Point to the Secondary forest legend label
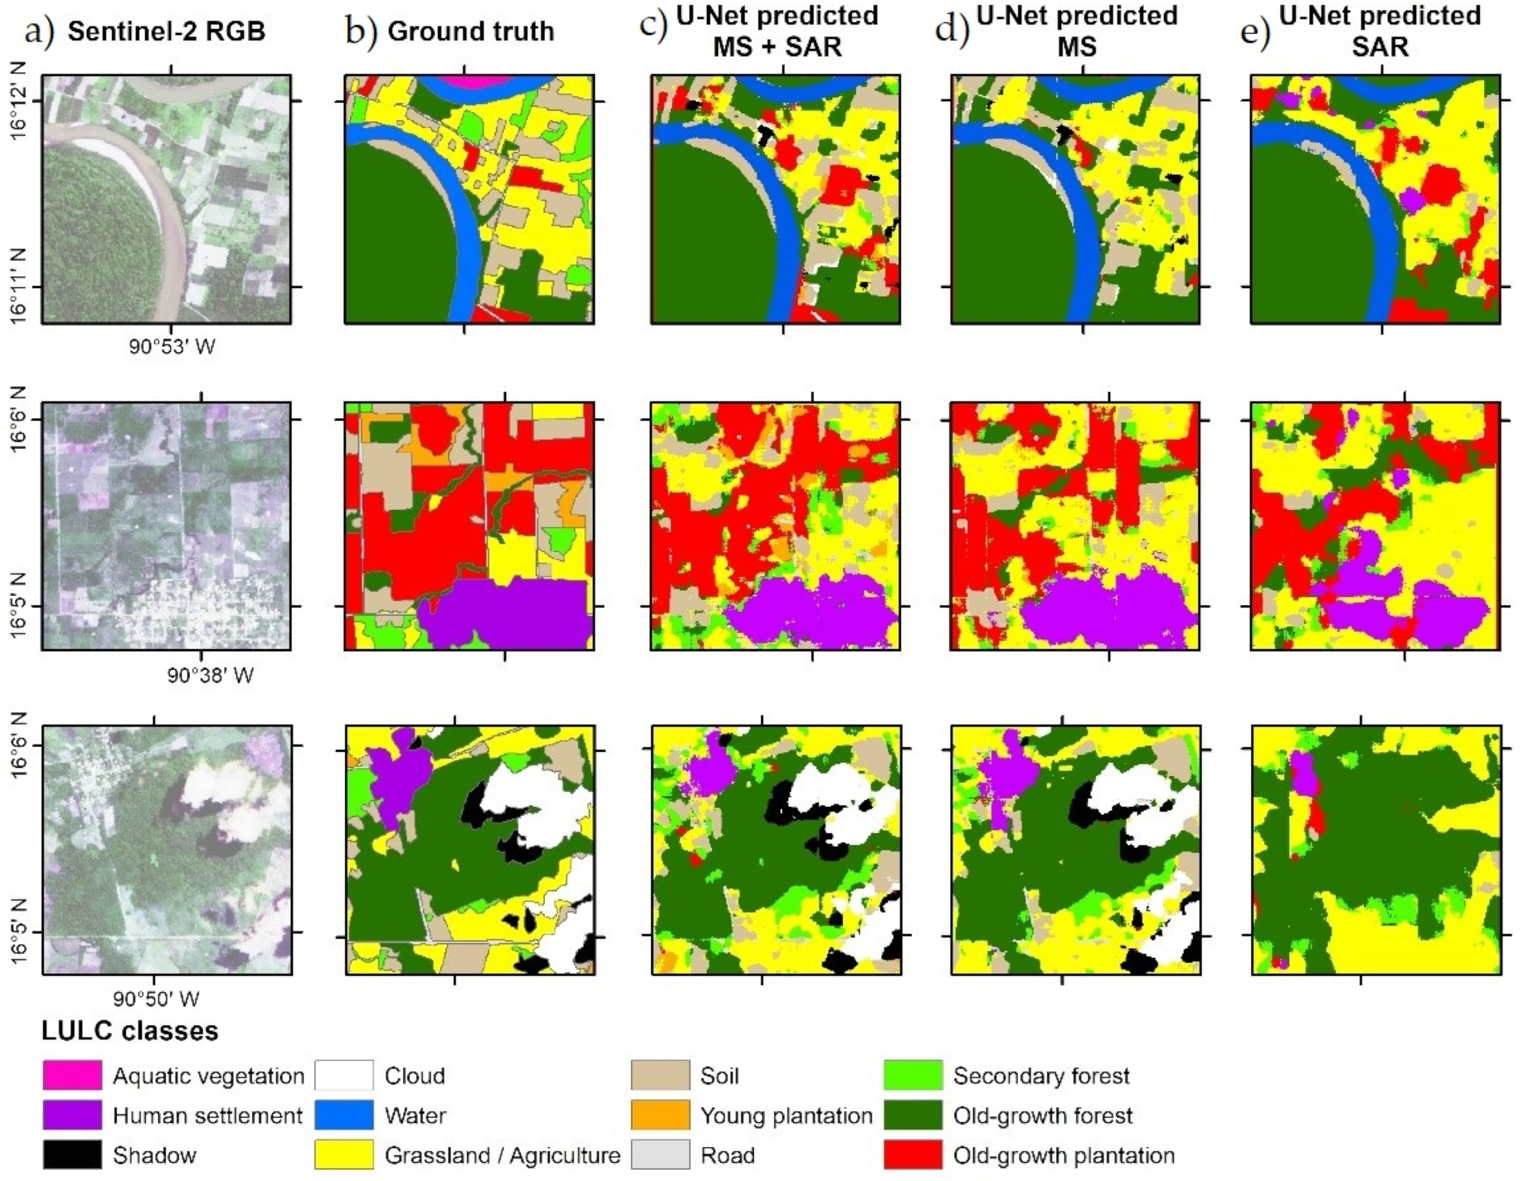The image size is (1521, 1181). pos(1041,1076)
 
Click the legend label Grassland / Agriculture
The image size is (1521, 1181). pos(502,1155)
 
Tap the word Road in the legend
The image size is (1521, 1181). pos(728,1155)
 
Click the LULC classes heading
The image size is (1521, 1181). pos(130,1030)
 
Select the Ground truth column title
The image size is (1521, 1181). pos(471,31)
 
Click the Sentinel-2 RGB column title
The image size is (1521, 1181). pos(166,31)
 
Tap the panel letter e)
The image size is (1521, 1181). pos(1255,31)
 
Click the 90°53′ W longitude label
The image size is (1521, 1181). pos(172,346)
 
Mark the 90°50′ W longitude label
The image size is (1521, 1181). pos(156,999)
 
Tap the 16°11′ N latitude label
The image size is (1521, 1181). pos(19,285)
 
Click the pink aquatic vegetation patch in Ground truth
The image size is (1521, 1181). pos(465,79)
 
